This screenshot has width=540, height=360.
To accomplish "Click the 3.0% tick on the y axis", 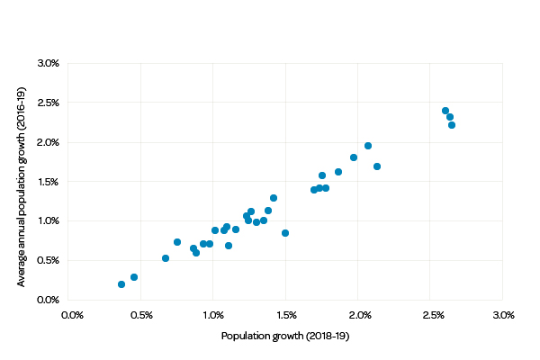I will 48,63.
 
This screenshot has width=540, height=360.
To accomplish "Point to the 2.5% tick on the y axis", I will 48,103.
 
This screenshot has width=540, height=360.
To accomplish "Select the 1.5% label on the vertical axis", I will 48,182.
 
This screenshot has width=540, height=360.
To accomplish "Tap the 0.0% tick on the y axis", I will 48,300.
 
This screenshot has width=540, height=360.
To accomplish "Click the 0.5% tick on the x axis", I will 143,315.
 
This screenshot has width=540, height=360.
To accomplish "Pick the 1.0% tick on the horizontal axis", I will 214,315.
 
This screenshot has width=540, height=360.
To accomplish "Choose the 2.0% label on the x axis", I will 360,315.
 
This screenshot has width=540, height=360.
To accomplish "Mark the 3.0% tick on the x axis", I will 503,315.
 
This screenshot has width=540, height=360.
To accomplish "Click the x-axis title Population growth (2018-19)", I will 285,336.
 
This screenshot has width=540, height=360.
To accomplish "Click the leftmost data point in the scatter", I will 121,284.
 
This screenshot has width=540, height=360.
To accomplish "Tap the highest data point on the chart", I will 445,111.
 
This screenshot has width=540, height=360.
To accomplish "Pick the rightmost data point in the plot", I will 452,125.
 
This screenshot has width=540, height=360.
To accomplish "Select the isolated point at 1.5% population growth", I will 285,233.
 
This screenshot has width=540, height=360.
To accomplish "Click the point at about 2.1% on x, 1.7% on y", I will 377,166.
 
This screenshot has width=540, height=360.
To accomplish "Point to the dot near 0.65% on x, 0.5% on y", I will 166,258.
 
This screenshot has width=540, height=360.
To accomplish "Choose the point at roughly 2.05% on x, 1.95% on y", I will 368,146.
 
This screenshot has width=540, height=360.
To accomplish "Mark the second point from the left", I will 134,277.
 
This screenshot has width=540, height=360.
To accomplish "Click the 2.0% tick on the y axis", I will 48,142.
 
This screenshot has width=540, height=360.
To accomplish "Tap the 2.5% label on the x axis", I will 433,315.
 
